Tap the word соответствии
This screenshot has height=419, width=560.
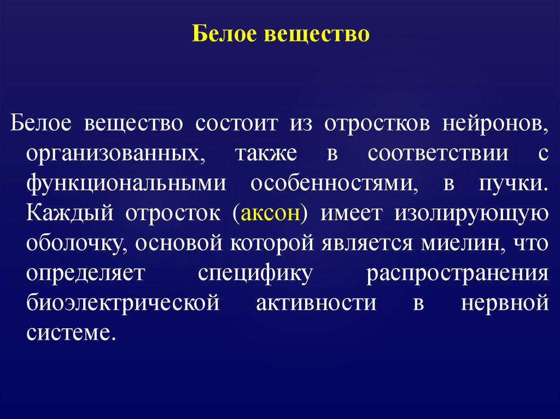tap(437, 154)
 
